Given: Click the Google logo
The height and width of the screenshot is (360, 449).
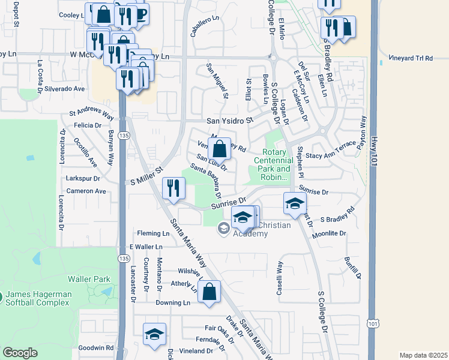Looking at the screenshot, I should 20,353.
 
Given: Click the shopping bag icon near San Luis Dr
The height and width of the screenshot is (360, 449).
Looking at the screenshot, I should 220,148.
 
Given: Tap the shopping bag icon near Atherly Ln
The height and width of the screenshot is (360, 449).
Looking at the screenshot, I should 208,293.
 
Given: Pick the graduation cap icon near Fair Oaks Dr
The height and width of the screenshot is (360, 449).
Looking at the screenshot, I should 154,335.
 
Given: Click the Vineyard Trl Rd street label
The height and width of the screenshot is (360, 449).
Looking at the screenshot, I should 411,58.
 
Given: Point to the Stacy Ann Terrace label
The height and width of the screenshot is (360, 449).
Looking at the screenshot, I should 331,155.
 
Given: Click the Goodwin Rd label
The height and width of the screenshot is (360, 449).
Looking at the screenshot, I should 95,347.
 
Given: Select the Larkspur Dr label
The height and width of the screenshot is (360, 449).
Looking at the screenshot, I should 83,178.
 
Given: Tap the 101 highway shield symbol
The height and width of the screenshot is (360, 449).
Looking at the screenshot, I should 373,323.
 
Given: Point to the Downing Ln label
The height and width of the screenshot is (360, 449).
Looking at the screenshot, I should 173,303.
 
